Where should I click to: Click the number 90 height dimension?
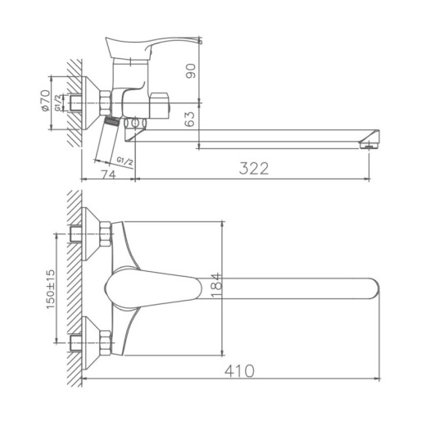[x=190, y=71]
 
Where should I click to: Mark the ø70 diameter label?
[x=46, y=102]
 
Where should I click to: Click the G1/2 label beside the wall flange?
[x=60, y=104]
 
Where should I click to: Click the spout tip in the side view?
[x=370, y=139]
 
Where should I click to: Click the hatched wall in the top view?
[x=73, y=287]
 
